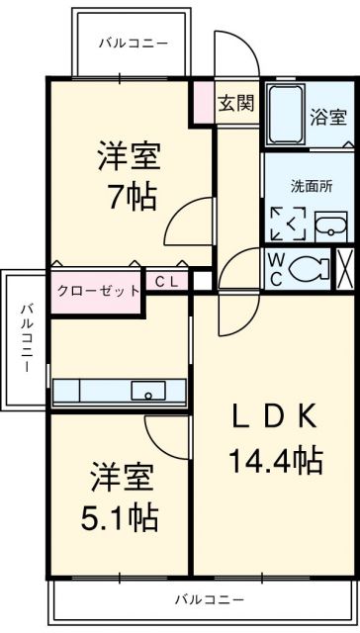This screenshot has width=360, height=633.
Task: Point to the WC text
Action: click(x=276, y=267)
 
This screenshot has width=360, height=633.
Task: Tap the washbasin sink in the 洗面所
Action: click(x=331, y=226)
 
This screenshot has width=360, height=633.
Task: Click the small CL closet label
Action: click(x=166, y=281)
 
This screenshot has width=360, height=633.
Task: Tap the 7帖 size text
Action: click(x=131, y=196)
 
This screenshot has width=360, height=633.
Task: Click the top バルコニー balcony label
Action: click(x=133, y=43)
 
